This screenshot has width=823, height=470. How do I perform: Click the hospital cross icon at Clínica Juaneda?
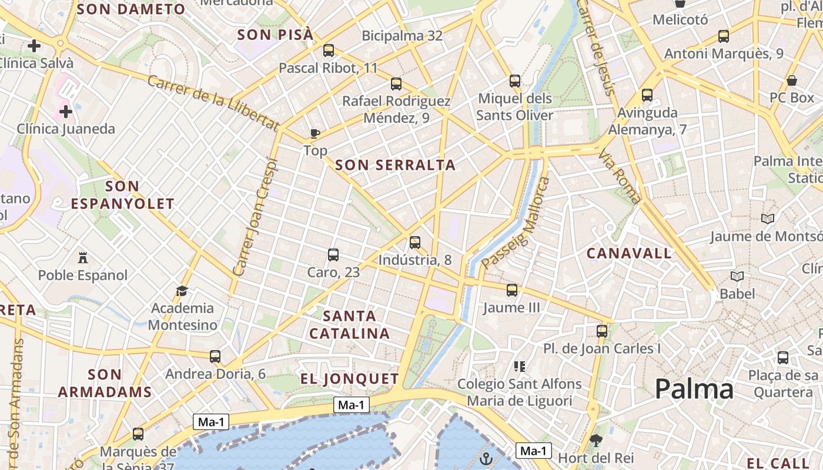(x=66, y=111)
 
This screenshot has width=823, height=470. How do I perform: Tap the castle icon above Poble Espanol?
(x=82, y=257)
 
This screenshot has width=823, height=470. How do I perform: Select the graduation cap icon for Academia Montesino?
(x=182, y=291)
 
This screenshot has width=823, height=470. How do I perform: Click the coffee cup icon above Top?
(x=315, y=133)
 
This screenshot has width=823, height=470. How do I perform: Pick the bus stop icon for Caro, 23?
(x=333, y=254)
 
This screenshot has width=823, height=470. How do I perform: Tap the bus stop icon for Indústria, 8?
(x=415, y=242)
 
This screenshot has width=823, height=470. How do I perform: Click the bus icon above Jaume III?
(x=512, y=290)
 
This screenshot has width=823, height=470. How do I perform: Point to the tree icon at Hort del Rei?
(x=596, y=439)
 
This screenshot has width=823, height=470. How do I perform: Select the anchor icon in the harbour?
(x=486, y=459)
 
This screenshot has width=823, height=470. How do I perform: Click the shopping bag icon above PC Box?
(x=792, y=80)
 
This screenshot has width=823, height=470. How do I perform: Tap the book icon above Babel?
(x=737, y=276)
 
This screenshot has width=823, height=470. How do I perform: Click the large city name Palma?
(x=694, y=389)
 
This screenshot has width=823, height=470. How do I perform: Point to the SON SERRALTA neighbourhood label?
(x=395, y=165)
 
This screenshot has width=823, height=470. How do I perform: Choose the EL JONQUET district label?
(x=350, y=379)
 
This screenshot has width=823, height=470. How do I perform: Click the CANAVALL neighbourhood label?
(x=629, y=253)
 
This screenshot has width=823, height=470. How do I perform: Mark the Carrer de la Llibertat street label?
(x=213, y=102)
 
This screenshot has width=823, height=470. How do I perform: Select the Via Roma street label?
(x=620, y=177)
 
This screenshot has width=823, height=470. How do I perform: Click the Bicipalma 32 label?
(x=402, y=36)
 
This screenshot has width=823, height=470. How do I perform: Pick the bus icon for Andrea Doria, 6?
(x=215, y=356)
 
